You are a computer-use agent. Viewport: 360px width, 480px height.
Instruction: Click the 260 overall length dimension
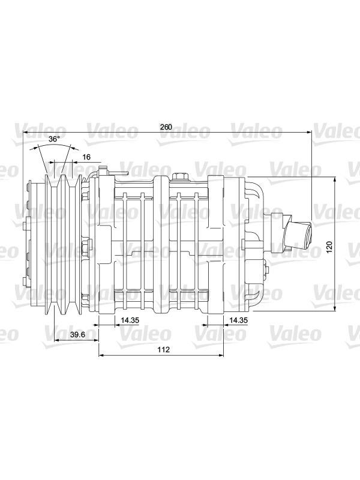coord(166,127)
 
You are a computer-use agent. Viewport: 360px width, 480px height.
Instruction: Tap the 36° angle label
coord(54,139)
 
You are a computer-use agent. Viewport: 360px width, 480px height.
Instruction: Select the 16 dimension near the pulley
coord(86,157)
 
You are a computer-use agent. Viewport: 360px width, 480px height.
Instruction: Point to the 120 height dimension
coord(329,247)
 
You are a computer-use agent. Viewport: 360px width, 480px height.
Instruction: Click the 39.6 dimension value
coord(77,335)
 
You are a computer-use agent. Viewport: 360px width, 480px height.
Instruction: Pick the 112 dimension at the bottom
coord(164,350)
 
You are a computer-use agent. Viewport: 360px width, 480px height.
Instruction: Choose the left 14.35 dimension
coord(130,320)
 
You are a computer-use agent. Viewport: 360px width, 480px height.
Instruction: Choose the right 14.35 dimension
coord(238,320)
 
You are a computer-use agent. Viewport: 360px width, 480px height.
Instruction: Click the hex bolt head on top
coord(179,176)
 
